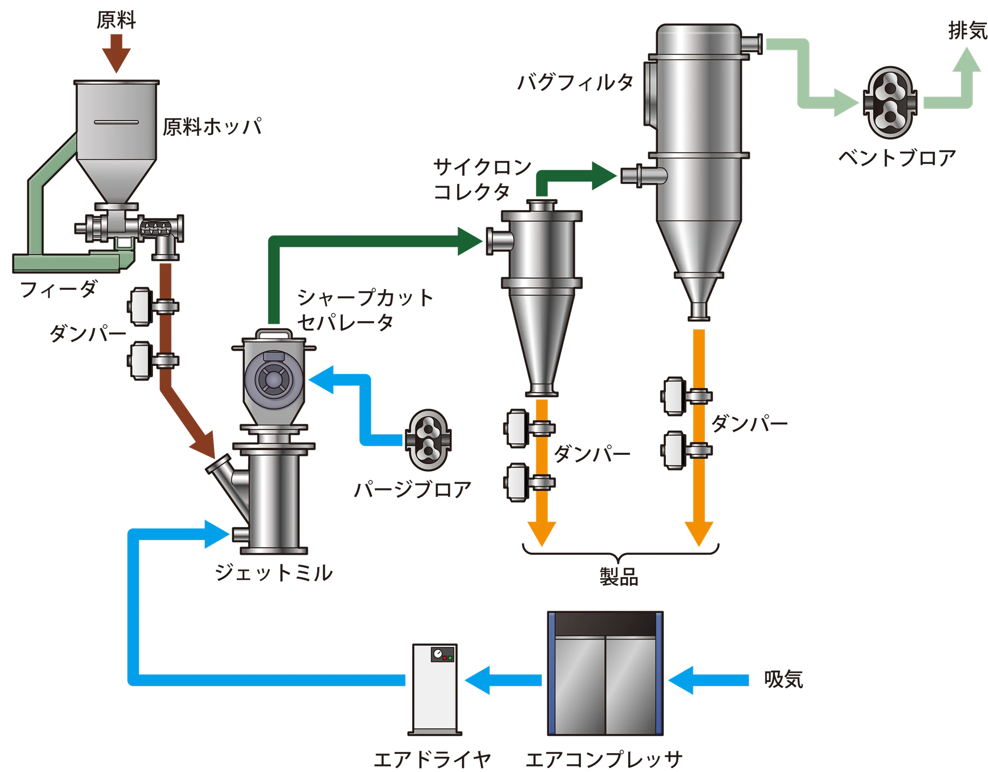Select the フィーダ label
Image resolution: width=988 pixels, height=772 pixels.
[59, 290]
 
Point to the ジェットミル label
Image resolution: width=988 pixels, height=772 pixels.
[274, 574]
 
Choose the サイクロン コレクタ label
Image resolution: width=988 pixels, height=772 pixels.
[482, 179]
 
